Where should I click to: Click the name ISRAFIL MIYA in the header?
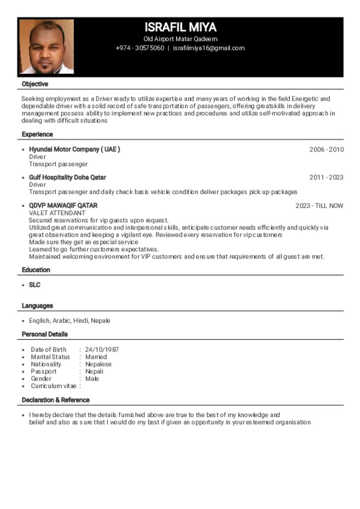point(180,27)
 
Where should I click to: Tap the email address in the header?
point(209,48)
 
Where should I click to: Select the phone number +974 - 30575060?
point(140,48)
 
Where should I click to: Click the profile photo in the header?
point(47,47)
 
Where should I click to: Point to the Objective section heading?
point(35,85)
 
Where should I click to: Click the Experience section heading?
point(37,135)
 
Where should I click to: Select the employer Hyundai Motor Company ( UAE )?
point(75,150)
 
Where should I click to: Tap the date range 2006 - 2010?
point(326,150)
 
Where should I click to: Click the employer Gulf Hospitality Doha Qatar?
point(67,177)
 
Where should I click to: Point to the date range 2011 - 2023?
point(326,177)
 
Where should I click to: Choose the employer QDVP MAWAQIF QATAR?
point(63,206)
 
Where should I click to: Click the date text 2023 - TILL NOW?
point(319,206)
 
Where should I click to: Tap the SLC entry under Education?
point(35,285)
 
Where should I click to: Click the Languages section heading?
point(37,306)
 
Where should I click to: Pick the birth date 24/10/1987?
point(102,350)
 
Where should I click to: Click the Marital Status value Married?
point(96,357)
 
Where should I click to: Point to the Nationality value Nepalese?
point(98,364)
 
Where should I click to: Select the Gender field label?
point(41,379)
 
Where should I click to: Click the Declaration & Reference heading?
point(56,400)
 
